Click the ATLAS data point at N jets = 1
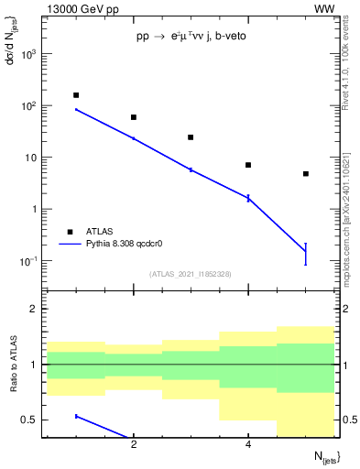coord(76,95)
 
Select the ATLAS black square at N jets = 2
coord(134,117)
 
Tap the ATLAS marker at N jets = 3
coord(191,137)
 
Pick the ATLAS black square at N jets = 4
coord(248,165)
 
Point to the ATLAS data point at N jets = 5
coord(305,174)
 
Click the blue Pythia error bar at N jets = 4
coord(248,198)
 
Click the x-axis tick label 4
coord(248,444)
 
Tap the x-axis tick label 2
coord(134,444)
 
